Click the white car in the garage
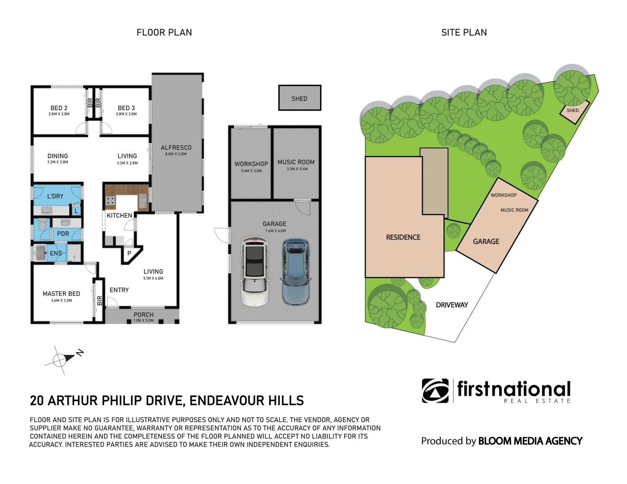click(x=255, y=271)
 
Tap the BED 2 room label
click(x=59, y=108)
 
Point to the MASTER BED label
click(x=61, y=294)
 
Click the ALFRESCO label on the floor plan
click(x=176, y=147)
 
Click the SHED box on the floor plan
click(x=299, y=98)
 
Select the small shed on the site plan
click(x=573, y=112)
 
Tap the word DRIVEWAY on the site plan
click(x=452, y=305)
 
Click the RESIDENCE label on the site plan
click(x=403, y=237)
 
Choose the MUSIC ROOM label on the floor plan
click(x=296, y=162)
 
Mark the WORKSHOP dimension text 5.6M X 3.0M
click(x=251, y=171)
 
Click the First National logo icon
click(x=435, y=391)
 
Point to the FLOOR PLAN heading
click(x=164, y=32)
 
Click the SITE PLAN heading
click(x=464, y=32)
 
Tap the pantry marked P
click(x=129, y=253)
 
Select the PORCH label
click(x=144, y=315)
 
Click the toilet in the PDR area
click(x=43, y=224)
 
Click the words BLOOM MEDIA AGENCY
click(x=530, y=441)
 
